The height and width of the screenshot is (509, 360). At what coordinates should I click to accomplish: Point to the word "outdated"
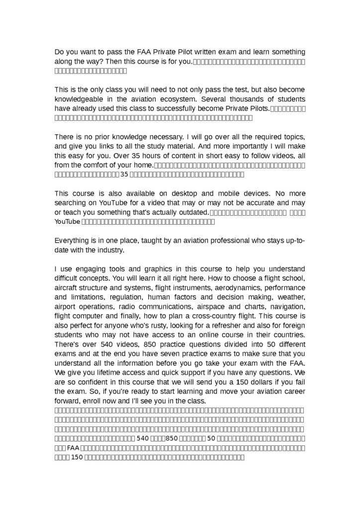click(188, 212)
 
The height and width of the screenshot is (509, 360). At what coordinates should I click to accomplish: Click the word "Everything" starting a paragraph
click(73, 240)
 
